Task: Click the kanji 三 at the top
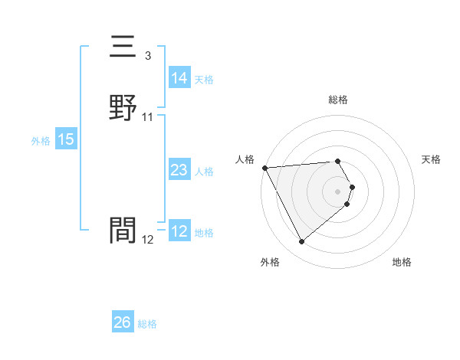123,48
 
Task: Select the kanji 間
123,230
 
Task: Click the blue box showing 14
179,78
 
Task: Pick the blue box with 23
179,170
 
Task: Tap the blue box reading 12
179,231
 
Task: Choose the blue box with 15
66,139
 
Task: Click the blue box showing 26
123,323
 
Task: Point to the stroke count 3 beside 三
147,56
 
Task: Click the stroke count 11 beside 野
148,117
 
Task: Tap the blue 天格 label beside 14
204,80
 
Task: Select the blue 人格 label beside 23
204,172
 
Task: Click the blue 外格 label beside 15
40,141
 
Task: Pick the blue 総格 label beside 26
147,325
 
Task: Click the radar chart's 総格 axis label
338,100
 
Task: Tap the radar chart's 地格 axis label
402,262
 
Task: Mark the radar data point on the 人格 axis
264,168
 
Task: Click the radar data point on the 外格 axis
301,242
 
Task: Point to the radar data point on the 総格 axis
338,161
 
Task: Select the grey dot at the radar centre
338,191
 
